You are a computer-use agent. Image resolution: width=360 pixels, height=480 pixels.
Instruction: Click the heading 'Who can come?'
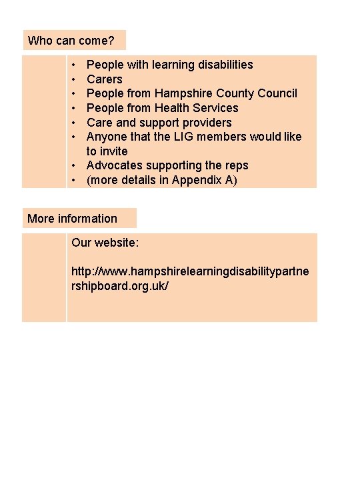pyautogui.click(x=71, y=41)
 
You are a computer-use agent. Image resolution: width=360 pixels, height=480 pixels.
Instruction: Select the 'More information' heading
pyautogui.click(x=72, y=219)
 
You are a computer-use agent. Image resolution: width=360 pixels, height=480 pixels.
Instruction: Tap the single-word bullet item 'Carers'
pyautogui.click(x=105, y=79)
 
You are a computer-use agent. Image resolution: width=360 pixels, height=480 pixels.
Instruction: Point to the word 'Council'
pyautogui.click(x=275, y=93)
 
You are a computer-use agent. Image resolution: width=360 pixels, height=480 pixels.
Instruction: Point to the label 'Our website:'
pyautogui.click(x=105, y=243)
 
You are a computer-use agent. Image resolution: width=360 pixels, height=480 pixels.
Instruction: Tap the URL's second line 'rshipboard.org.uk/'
pyautogui.click(x=120, y=286)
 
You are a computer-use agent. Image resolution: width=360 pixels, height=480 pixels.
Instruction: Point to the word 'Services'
pyautogui.click(x=216, y=108)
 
